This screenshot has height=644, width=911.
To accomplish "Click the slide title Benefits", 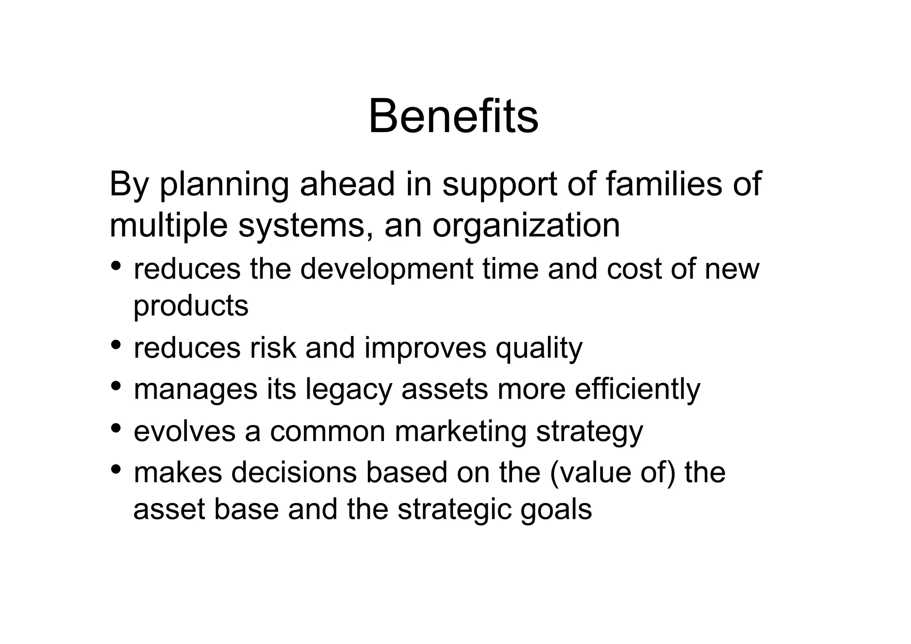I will click(x=453, y=117).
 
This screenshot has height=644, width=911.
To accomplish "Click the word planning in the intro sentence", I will click(x=224, y=185).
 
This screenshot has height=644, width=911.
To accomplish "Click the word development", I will click(x=387, y=270).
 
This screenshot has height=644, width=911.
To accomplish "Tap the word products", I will click(x=191, y=306).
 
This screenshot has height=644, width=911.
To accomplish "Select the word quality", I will click(x=539, y=348).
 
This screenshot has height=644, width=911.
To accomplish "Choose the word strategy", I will click(x=589, y=432).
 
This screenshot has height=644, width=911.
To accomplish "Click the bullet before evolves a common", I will click(x=116, y=428).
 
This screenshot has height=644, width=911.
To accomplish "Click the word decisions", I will click(x=294, y=473).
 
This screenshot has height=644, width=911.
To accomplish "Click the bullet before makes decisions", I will click(x=116, y=469).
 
